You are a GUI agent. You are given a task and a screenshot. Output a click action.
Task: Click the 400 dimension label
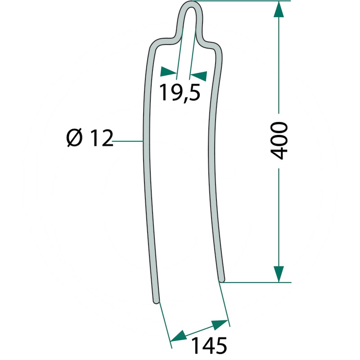[279, 140]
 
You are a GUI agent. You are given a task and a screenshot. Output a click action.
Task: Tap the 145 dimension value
[209, 346]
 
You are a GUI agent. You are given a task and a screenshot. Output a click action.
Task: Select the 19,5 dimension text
[180, 93]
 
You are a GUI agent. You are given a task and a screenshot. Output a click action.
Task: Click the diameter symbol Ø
[74, 138]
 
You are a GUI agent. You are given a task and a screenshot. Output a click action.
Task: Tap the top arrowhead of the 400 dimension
[279, 9]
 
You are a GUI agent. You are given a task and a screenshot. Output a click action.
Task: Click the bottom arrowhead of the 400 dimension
[279, 274]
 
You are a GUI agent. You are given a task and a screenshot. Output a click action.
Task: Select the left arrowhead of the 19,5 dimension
[169, 72]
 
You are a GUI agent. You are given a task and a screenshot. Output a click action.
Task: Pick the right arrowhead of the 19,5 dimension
[198, 76]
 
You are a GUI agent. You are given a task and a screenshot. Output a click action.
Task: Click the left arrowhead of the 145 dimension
[179, 336]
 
